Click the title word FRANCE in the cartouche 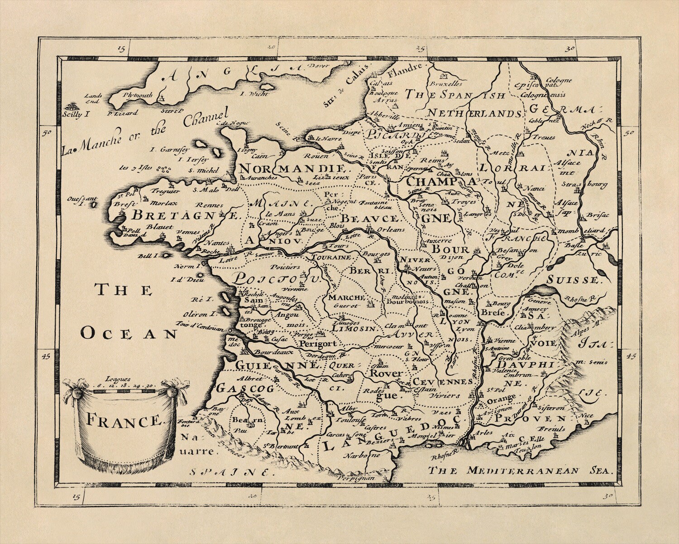[x=123, y=422]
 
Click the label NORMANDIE [x=295, y=169]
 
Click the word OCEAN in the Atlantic [x=129, y=334]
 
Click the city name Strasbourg [x=591, y=185]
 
